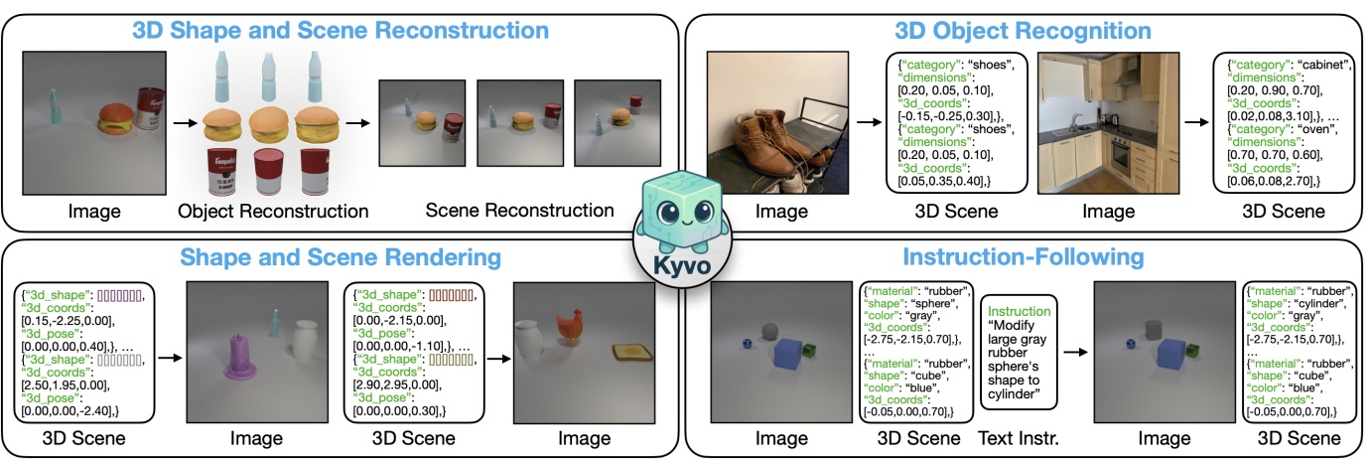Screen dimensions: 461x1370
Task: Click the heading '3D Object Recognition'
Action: (x=1023, y=30)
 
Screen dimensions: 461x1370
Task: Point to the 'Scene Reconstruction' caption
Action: (x=519, y=211)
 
